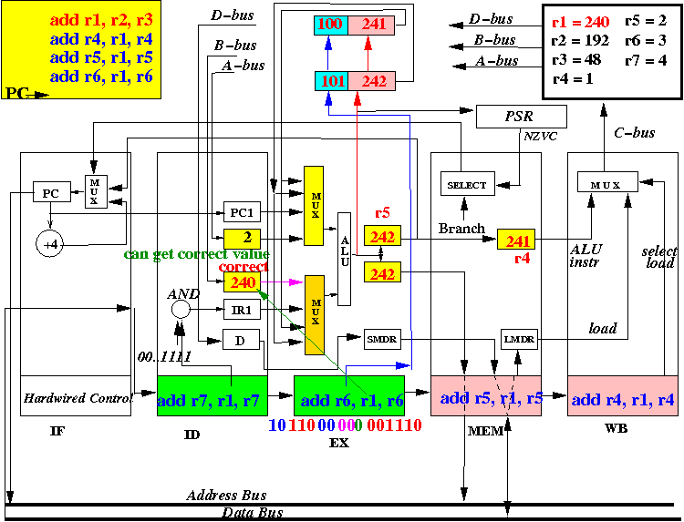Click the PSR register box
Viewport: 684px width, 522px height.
522,117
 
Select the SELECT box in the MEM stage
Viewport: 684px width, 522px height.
467,185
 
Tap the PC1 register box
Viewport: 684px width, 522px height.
242,212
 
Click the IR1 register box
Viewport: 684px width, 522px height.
242,310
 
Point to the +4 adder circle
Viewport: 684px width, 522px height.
50,244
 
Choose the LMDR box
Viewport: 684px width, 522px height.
519,339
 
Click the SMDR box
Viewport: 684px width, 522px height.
382,339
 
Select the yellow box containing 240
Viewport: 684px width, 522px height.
242,281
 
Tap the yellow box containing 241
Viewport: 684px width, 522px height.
516,240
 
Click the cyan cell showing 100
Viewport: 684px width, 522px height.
331,26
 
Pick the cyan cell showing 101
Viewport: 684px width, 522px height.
332,81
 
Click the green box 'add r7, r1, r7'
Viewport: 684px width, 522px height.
212,395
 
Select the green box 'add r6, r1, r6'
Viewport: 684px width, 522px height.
349,395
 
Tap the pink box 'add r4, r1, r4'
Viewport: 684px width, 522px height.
623,395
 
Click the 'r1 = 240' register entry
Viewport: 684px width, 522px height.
580,22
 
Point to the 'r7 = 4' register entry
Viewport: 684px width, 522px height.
646,60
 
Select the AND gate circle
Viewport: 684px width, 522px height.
181,310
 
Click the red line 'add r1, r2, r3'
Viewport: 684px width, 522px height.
101,20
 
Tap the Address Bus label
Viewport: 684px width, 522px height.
226,495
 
